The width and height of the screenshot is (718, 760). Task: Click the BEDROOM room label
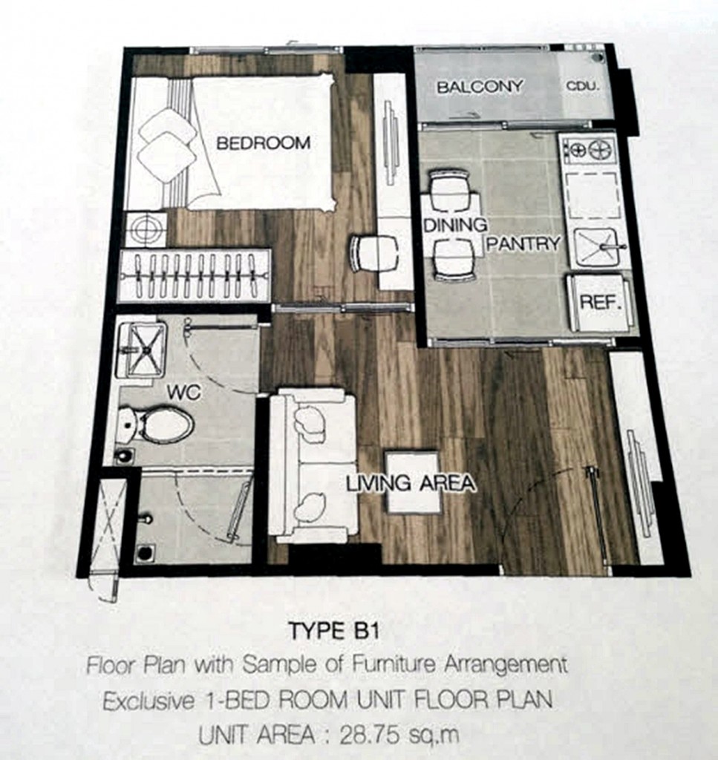[x=263, y=143]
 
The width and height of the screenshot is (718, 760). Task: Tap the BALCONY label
[x=479, y=87]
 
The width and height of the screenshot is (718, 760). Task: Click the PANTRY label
[x=523, y=243]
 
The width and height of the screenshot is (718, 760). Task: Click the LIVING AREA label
[x=410, y=483]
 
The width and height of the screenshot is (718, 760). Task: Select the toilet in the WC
[x=157, y=425]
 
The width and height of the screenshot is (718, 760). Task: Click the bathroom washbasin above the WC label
[x=142, y=349]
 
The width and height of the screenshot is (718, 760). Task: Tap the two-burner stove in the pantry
[x=589, y=151]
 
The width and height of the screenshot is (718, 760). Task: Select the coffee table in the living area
[x=413, y=482]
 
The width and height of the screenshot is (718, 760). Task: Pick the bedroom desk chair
[x=373, y=253]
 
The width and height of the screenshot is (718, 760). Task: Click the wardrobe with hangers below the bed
[x=195, y=275]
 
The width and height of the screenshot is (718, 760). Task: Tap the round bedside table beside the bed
[x=146, y=229]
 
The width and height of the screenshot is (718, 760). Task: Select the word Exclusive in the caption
[x=142, y=700]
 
